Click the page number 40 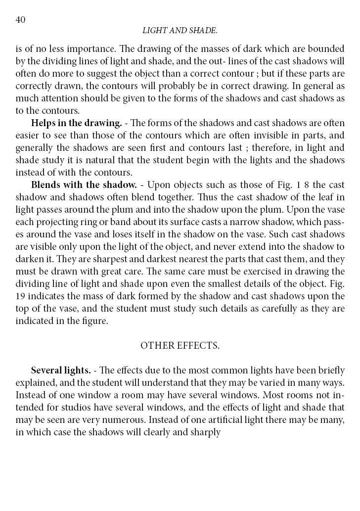coord(20,20)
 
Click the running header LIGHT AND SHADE coord(180,31)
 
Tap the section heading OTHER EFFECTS coord(180,346)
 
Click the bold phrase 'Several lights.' coord(61,371)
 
